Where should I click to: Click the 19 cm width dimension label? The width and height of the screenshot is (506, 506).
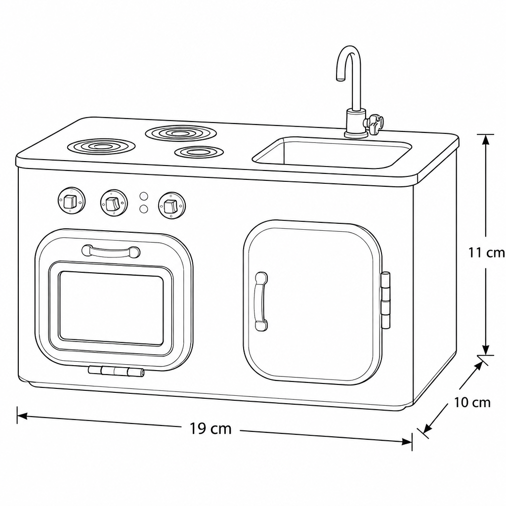pos(211,428)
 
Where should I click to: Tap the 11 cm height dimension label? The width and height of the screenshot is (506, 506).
pos(487,253)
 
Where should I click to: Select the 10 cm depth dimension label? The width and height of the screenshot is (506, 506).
pos(472,402)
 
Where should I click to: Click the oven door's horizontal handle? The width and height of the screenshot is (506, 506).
pos(111,252)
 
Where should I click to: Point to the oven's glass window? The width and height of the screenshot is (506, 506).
pos(111,308)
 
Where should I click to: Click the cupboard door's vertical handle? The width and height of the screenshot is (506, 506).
pos(261,301)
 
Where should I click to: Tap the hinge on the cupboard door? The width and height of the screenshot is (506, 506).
pos(385,300)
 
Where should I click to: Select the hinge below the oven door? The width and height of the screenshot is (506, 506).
pos(116,371)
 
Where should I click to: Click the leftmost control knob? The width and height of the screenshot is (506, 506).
pos(72,201)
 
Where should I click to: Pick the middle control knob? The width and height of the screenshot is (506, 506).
pos(114,203)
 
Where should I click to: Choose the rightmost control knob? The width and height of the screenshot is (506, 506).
pos(172,206)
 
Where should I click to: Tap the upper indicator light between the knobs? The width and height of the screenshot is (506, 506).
pos(144,196)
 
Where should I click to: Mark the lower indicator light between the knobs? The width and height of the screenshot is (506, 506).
pos(144,209)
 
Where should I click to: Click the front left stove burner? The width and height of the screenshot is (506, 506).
pos(101,147)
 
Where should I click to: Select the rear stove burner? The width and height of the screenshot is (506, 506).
pos(181,133)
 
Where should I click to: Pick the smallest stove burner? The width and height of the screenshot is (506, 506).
pos(199,152)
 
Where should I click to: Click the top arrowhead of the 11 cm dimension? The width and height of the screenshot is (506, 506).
pos(486,139)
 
